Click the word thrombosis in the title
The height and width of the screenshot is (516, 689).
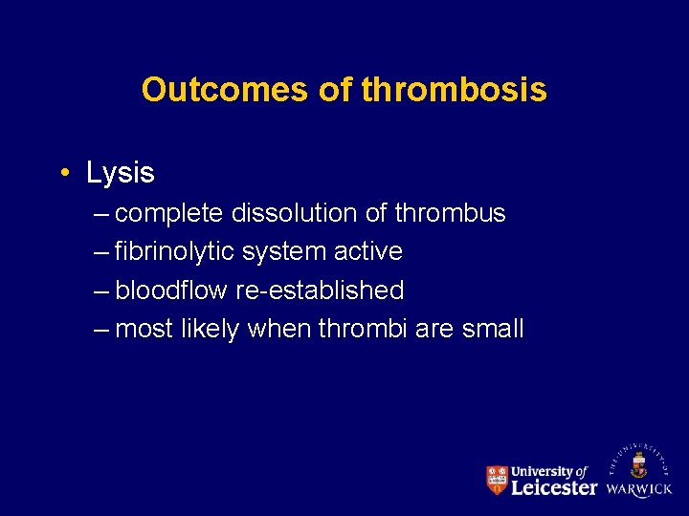pos(456,90)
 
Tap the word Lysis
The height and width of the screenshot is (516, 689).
pos(120,173)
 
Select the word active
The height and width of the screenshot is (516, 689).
pos(368,252)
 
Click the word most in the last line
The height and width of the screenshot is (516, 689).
pos(143,330)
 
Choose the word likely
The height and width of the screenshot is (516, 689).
pos(209,330)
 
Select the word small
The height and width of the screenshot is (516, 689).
pos(492,330)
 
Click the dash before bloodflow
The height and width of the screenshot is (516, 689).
pos(102,290)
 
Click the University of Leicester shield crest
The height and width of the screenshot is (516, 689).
pos(497,480)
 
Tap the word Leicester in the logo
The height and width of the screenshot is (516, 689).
pos(554,487)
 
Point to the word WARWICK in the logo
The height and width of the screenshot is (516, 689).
pos(639,489)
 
